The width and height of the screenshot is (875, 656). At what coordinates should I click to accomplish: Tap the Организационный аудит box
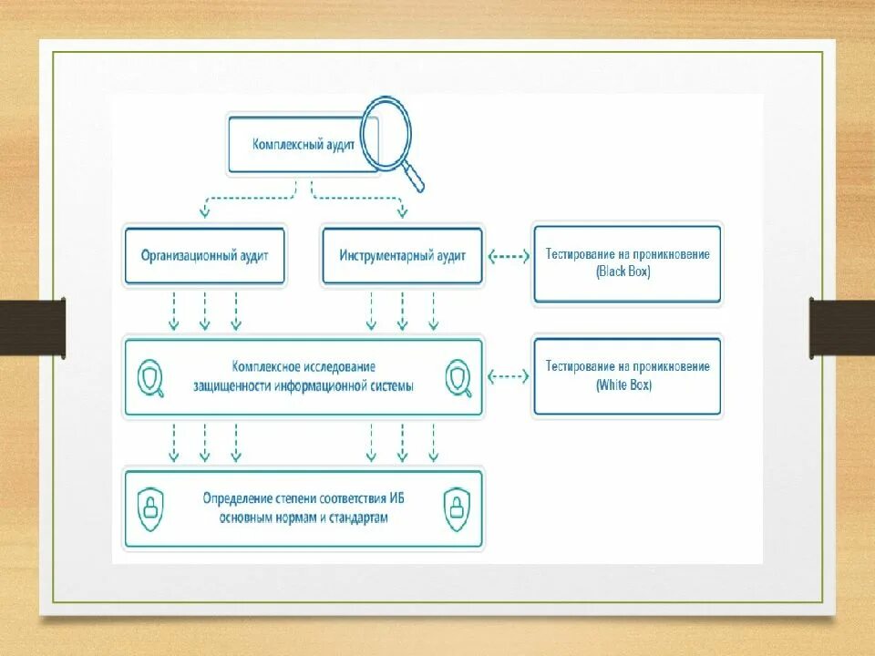(x=205, y=256)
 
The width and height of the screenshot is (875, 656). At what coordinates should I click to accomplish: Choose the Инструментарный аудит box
(x=402, y=256)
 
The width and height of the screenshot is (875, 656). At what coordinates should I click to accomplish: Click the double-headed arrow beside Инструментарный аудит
(x=509, y=256)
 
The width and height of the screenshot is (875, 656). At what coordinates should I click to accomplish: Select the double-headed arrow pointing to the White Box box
(x=509, y=375)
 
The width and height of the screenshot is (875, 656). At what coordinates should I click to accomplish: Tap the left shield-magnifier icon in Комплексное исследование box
(x=150, y=377)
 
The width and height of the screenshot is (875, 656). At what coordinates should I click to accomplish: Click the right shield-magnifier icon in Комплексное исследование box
(x=458, y=377)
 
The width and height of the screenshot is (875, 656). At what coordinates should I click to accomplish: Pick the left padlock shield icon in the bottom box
(x=150, y=507)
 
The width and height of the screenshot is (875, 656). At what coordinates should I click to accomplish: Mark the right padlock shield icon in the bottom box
(x=456, y=507)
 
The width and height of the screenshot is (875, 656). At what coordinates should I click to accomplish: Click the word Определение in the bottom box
(x=237, y=499)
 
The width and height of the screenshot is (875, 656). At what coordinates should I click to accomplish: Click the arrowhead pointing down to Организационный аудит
(x=205, y=213)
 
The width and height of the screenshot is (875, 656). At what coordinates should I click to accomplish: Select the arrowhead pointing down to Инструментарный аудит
(x=402, y=213)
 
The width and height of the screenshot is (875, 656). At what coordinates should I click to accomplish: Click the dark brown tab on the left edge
(x=32, y=325)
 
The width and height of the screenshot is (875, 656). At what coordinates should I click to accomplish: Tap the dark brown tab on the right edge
(x=842, y=325)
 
